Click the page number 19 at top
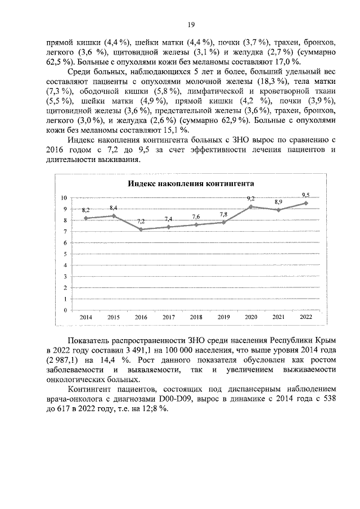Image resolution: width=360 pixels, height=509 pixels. click(x=191, y=24)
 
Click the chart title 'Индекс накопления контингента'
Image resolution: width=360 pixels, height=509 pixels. click(x=190, y=184)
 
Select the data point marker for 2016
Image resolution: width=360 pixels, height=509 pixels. click(x=141, y=229)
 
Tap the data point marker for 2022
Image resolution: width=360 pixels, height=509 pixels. click(x=306, y=203)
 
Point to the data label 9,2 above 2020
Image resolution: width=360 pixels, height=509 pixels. click(x=251, y=199)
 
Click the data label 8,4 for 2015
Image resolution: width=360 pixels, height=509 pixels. click(x=114, y=208)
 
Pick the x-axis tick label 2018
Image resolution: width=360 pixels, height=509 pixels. click(x=196, y=318)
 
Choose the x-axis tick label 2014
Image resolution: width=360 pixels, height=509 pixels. click(x=86, y=318)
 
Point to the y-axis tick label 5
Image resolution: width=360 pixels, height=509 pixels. click(x=65, y=254)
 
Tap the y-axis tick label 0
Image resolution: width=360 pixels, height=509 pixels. click(x=65, y=310)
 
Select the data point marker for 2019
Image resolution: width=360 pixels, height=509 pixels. click(x=223, y=222)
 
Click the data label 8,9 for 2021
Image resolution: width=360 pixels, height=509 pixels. click(x=278, y=202)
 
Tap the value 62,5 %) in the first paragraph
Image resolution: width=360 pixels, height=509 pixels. click(x=59, y=61)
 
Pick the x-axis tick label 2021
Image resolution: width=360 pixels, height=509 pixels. click(x=278, y=318)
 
